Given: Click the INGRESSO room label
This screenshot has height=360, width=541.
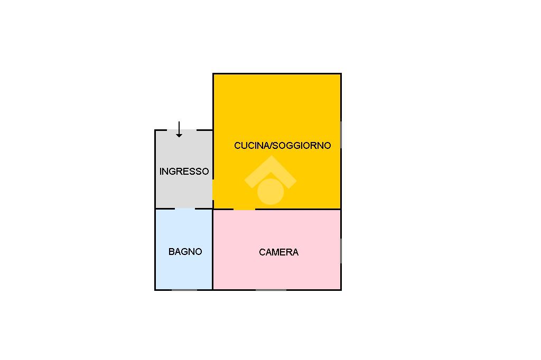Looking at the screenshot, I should coord(184,172).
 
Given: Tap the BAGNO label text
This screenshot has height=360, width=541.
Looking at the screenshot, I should coord(185,252).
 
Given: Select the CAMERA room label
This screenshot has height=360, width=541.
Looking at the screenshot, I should coord(278,252).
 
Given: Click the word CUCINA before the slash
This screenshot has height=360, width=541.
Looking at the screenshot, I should coord(251,145).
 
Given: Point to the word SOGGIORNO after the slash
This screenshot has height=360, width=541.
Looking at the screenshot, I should coord(302,145).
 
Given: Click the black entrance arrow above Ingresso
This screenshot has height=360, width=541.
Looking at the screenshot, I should coord(179,129).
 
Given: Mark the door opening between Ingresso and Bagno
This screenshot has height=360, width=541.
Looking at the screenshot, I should coord(185,209).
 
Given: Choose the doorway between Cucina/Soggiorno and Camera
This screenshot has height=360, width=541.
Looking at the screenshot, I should coord(244,209).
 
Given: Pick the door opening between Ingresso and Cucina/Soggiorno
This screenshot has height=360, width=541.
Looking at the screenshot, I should coord(213,189).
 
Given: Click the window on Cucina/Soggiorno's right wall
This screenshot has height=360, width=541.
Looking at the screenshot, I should coord(341,135).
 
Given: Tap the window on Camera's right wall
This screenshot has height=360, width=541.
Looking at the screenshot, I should coord(341,250).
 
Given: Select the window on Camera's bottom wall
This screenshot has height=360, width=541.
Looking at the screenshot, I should coord(271,289).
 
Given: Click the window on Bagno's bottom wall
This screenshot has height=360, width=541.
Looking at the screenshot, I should coord(184,289).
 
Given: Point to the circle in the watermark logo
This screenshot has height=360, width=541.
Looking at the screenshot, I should coord(270,191).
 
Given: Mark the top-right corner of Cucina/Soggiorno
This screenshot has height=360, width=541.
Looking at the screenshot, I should coord(341,74).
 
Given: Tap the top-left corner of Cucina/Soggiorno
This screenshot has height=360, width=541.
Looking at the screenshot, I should coord(213,74).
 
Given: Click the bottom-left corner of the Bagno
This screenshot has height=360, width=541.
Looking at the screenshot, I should coord(155,289).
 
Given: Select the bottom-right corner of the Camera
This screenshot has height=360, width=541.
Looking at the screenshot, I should coord(341,289).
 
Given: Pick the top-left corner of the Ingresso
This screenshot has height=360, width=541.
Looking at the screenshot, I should coord(155,130).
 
